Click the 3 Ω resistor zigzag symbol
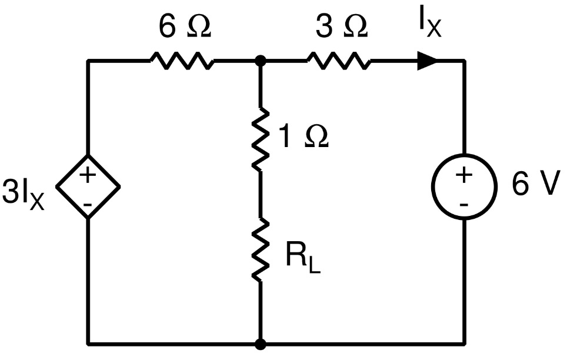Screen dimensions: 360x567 (338, 60)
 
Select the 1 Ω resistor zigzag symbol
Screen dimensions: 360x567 (259, 139)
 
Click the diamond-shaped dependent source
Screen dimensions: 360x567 (88, 187)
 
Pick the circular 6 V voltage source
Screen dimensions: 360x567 (464, 188)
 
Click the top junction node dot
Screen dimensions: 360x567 (259, 60)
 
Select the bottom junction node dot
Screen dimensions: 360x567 (259, 343)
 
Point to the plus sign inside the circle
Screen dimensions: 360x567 (463, 175)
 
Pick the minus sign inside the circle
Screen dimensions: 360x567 (463, 204)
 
